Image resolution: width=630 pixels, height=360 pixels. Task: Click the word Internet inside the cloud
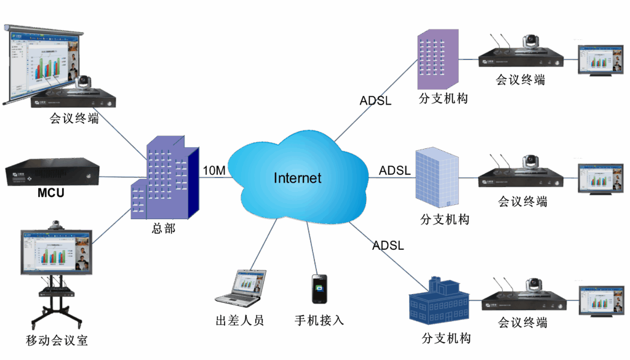click(x=297, y=178)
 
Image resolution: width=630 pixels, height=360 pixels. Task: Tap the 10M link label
click(x=214, y=170)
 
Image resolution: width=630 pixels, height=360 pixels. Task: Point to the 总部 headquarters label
click(x=164, y=229)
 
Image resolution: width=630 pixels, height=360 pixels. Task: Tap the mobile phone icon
click(x=319, y=289)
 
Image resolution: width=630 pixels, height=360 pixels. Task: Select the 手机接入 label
click(x=319, y=321)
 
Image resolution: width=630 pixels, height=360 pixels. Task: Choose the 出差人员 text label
click(x=240, y=321)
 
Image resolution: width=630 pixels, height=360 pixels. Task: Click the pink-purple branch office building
click(x=437, y=59)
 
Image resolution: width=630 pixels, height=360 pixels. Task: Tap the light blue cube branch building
click(x=437, y=178)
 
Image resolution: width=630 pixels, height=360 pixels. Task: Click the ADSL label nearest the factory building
click(x=388, y=246)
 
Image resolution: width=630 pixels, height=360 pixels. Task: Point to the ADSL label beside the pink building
click(x=376, y=100)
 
